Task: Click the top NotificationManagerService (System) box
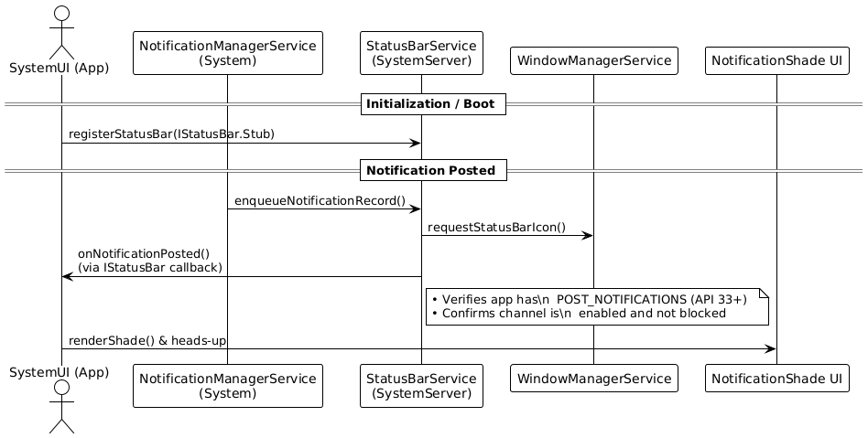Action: (227, 53)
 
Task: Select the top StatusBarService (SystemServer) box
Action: (421, 53)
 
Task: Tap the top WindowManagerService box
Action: (594, 61)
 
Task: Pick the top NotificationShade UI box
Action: (776, 61)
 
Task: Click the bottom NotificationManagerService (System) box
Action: (227, 386)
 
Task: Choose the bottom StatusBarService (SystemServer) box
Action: (421, 386)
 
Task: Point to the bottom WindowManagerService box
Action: (594, 379)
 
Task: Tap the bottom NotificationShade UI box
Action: (776, 379)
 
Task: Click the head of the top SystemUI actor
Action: (62, 14)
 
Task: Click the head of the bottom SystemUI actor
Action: (62, 387)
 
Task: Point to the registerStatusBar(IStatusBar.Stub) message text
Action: (171, 134)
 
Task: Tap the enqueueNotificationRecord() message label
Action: (320, 200)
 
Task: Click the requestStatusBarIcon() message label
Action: (496, 228)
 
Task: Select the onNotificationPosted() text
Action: (144, 254)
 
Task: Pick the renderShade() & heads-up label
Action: (147, 341)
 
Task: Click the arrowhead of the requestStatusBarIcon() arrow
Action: (588, 236)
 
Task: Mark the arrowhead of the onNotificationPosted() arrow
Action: (68, 276)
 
